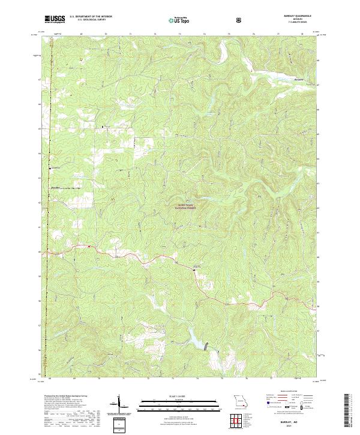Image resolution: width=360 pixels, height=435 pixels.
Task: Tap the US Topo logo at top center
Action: (175, 20)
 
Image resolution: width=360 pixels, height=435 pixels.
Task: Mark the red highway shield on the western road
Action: (89, 246)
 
